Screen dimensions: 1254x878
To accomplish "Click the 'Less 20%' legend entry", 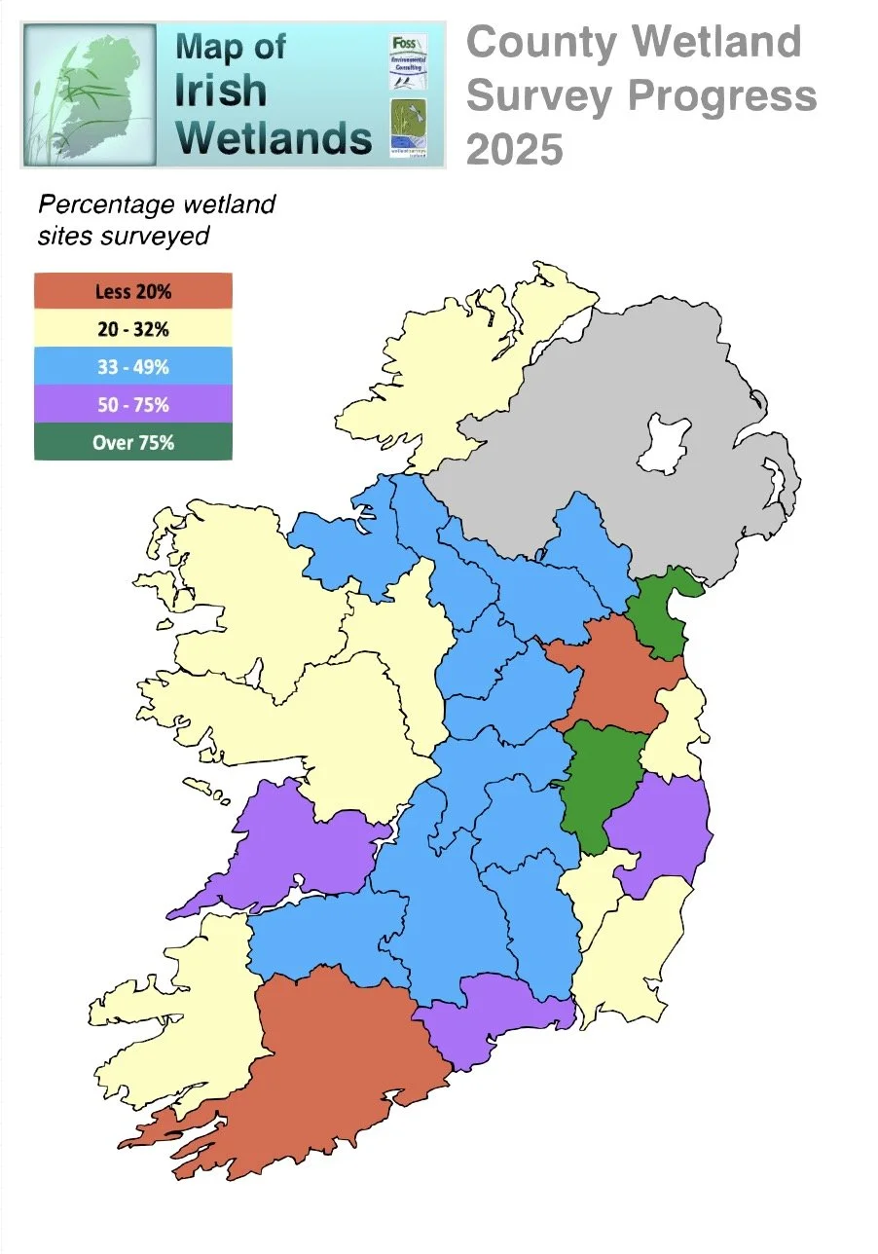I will click(133, 291).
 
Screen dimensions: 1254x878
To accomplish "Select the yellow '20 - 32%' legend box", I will click(133, 329).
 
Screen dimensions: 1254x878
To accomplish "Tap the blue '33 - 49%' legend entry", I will click(133, 367).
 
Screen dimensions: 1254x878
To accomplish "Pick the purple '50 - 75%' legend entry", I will click(133, 404).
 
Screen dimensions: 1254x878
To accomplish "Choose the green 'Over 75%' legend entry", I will click(133, 442).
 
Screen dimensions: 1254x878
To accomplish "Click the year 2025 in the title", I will click(515, 150).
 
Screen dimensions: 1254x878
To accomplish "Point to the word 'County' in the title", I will click(541, 43).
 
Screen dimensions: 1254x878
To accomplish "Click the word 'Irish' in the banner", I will click(221, 91).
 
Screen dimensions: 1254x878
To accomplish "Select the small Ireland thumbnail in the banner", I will click(90, 92).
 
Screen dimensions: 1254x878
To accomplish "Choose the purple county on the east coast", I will click(662, 828).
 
